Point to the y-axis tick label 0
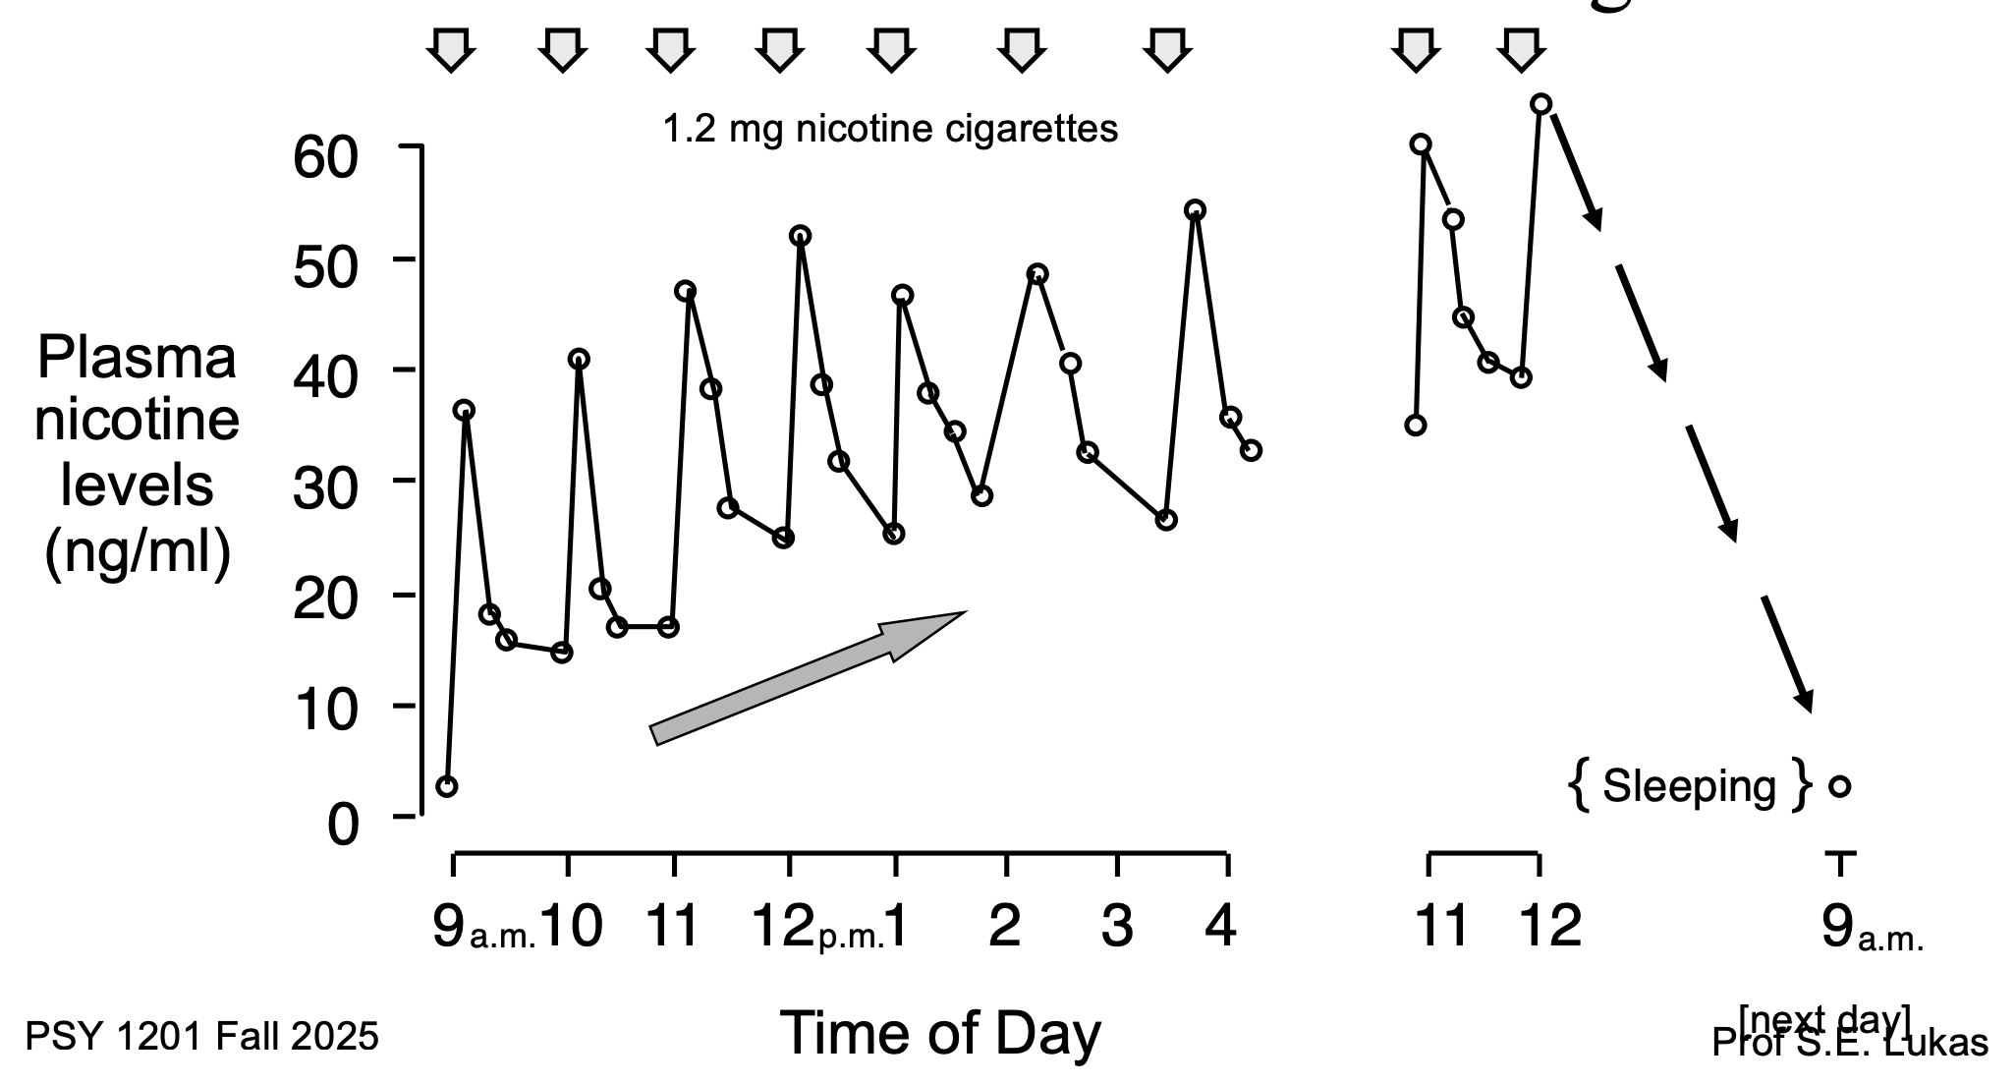(343, 824)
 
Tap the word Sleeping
(1689, 786)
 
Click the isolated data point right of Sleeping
(1840, 786)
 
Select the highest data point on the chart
(1541, 104)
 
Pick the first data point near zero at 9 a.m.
(447, 786)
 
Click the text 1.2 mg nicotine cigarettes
(890, 129)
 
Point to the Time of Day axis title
(940, 1034)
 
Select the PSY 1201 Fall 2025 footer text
(201, 1037)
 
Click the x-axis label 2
(1004, 926)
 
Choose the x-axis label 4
(1220, 926)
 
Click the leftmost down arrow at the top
(451, 49)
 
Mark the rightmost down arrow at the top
(1521, 49)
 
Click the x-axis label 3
(1117, 926)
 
